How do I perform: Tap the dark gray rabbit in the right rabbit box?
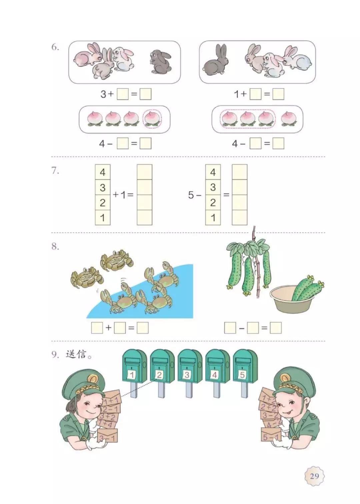click(216, 61)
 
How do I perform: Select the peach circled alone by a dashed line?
click(152, 118)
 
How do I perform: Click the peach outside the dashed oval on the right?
click(288, 118)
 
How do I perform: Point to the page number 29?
click(314, 476)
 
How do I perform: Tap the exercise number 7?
click(55, 171)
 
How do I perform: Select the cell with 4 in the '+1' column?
click(102, 172)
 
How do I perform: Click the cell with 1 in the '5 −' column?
click(213, 218)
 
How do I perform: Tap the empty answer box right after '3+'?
click(122, 94)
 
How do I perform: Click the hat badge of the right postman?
click(285, 378)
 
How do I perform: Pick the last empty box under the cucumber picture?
click(276, 328)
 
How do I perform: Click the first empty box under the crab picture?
click(97, 328)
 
